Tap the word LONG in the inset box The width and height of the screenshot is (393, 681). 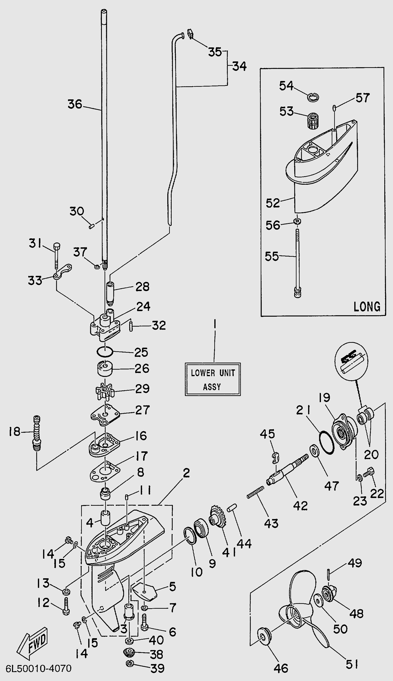click(x=367, y=306)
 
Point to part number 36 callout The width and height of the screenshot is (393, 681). click(x=75, y=104)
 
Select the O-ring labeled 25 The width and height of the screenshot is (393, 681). click(x=105, y=352)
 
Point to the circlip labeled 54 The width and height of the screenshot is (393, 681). click(x=313, y=97)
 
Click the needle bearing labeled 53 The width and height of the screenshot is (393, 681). click(x=311, y=119)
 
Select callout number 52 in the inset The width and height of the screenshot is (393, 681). click(x=273, y=202)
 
